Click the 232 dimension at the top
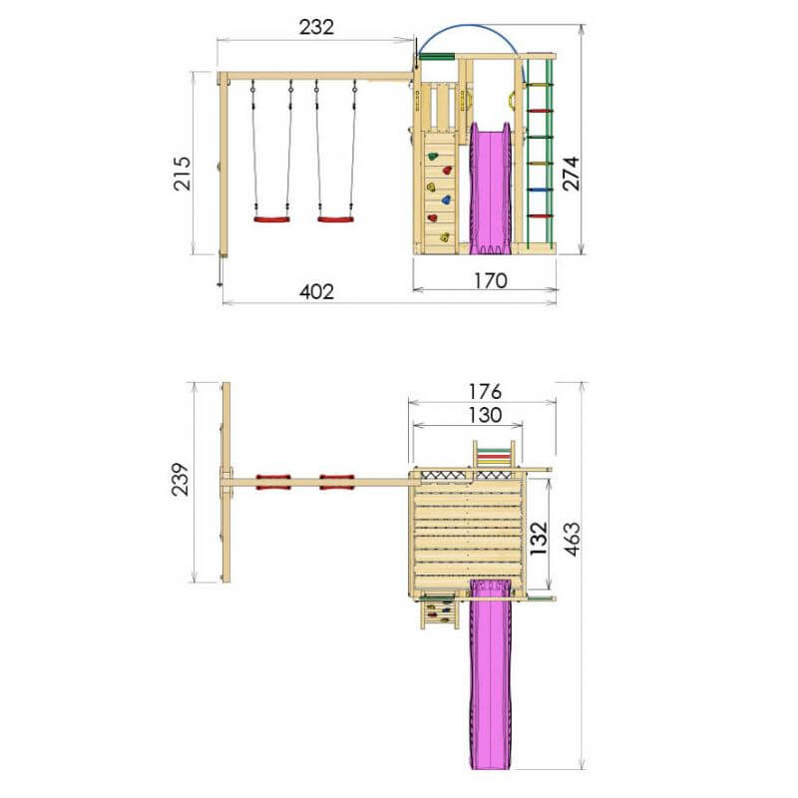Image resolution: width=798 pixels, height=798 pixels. [316, 27]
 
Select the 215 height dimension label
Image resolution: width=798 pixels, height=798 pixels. [183, 174]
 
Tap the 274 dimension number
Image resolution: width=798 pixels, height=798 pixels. [571, 174]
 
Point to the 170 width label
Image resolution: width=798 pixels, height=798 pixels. [491, 280]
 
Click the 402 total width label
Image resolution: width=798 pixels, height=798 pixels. [316, 291]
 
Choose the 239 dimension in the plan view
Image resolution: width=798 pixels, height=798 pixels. [181, 479]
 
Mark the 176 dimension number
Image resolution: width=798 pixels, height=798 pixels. [485, 391]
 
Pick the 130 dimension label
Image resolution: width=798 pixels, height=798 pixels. [485, 415]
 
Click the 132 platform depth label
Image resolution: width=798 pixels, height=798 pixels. [539, 538]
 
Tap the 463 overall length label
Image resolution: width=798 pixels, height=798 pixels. [571, 539]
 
